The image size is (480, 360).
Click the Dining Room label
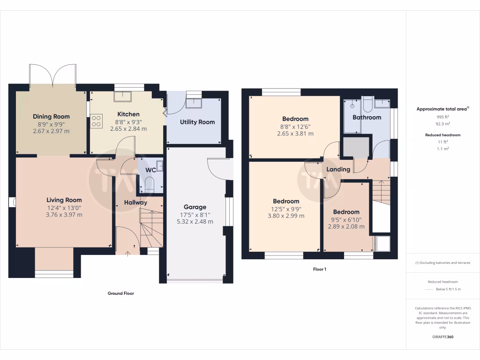[x=51, y=117]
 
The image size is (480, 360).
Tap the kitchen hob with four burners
[x=97, y=121]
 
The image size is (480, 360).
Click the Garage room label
[x=195, y=207]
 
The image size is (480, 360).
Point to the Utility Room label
[x=197, y=122]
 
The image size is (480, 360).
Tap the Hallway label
[x=135, y=202]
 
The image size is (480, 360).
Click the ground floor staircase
[x=151, y=227]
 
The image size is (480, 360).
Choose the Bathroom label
[x=367, y=117]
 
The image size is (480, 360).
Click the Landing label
[x=338, y=169]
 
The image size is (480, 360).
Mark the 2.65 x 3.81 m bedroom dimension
[x=295, y=134]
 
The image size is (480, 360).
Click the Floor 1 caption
[x=319, y=270]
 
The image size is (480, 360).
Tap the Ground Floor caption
[x=120, y=293]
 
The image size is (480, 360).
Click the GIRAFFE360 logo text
[x=443, y=337]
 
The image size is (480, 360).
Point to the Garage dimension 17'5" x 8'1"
[x=195, y=215]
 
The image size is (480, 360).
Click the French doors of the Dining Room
[x=52, y=75]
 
